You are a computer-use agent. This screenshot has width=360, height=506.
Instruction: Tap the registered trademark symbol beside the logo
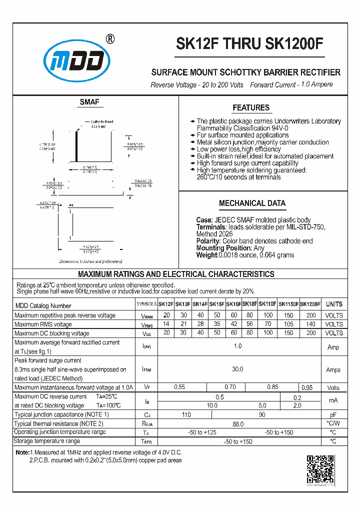click(x=110, y=39)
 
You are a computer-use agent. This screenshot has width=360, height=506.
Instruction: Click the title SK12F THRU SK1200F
click(x=249, y=45)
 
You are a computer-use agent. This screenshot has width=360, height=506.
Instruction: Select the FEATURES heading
click(x=251, y=107)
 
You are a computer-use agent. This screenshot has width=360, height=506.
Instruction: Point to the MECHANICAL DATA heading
click(x=252, y=203)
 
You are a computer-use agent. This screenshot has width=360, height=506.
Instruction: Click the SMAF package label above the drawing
click(x=89, y=102)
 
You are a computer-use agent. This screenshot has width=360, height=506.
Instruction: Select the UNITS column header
click(x=334, y=304)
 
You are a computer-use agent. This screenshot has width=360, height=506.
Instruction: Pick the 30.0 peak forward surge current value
click(x=237, y=369)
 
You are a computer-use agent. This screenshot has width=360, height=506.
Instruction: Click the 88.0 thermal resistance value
click(x=237, y=423)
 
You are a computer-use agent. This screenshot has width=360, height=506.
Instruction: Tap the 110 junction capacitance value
click(x=186, y=414)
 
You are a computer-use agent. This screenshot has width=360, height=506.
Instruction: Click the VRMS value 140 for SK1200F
click(x=311, y=324)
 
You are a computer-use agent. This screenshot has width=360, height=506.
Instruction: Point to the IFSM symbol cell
click(x=146, y=369)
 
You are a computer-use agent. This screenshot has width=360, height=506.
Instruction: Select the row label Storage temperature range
click(x=47, y=441)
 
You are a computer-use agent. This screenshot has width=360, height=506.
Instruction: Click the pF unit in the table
click(x=333, y=414)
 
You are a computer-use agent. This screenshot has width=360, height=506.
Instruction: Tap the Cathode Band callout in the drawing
click(x=101, y=121)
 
